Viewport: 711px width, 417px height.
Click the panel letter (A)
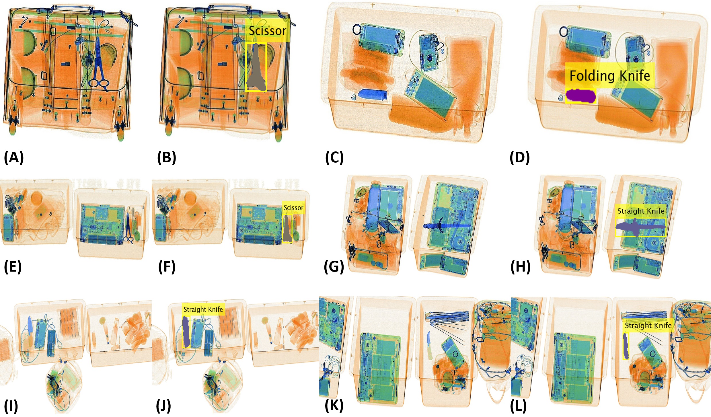13,157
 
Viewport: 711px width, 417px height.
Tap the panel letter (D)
519,157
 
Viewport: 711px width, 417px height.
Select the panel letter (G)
334,267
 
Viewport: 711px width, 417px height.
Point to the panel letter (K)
334,405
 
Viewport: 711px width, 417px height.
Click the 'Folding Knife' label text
610,76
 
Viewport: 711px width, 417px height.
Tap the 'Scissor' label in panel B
267,31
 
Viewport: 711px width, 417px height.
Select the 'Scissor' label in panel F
293,208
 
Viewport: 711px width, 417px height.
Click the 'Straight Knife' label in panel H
641,211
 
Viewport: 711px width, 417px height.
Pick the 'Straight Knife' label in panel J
203,309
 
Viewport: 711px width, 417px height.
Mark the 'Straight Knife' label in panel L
648,326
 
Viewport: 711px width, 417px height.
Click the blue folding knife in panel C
373,94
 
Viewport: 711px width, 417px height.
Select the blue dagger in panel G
446,226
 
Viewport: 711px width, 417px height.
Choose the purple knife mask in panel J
186,332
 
